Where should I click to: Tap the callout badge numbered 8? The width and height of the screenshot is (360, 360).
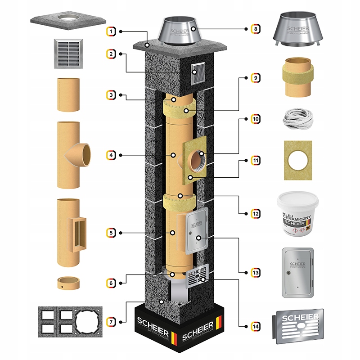point(256,29)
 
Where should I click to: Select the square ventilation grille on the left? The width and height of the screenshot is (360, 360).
point(69,53)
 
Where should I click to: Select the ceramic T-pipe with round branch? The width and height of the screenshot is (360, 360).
point(72,155)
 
